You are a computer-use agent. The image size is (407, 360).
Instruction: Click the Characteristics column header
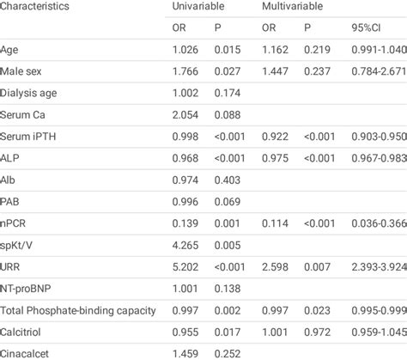point(35,6)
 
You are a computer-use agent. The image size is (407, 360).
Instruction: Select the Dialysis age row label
point(30,94)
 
